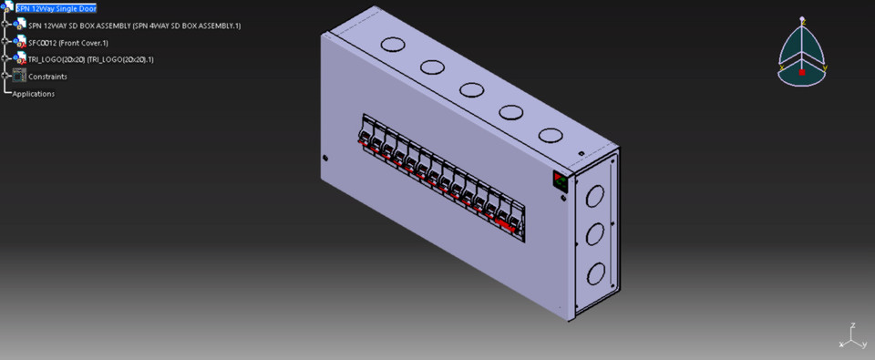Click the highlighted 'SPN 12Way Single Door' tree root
[x=56, y=8]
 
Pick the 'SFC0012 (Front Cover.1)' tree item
[x=68, y=43]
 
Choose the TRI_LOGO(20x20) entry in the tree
[x=91, y=59]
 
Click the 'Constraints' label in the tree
[x=47, y=77]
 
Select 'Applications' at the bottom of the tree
[x=34, y=94]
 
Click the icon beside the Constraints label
[x=19, y=77]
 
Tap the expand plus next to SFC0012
[x=6, y=43]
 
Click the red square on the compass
[x=802, y=71]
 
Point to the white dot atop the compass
[x=802, y=19]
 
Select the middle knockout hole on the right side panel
[x=594, y=233]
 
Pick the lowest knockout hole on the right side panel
[x=595, y=273]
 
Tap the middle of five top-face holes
[x=471, y=89]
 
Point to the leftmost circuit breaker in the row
[x=365, y=133]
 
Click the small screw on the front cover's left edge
[x=325, y=157]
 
